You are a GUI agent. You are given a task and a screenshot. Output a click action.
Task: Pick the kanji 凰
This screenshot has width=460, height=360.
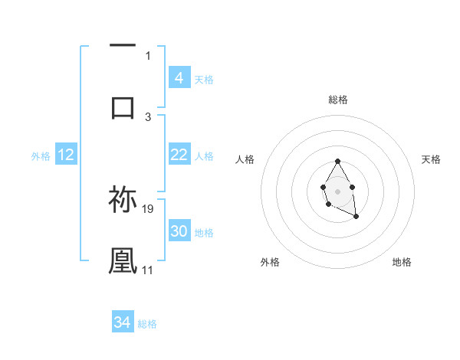coord(123,260)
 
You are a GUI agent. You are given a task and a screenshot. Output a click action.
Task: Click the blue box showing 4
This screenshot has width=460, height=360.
coord(179,78)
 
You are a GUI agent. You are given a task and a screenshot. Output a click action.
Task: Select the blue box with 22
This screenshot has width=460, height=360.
coord(179,155)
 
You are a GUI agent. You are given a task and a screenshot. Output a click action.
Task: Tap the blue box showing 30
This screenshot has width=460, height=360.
coord(179,232)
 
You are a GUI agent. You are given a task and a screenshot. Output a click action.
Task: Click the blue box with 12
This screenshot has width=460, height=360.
coord(66,155)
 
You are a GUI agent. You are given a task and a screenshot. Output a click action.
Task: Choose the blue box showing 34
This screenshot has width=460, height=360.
coord(122,322)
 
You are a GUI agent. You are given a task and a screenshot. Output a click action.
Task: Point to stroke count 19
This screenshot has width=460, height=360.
coord(149,208)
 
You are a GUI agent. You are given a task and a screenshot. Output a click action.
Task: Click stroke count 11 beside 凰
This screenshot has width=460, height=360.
coord(148,270)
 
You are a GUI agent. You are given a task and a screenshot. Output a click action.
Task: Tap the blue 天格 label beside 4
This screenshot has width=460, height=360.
coord(204,79)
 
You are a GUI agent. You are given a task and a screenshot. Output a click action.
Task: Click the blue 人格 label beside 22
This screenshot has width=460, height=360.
coord(204,156)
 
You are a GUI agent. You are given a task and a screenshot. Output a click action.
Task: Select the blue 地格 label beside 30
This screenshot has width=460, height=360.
coord(204,233)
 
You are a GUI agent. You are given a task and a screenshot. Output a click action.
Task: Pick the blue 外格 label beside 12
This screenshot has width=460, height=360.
coord(41,156)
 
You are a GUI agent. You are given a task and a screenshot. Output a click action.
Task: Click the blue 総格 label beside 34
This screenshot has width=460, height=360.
coord(147,324)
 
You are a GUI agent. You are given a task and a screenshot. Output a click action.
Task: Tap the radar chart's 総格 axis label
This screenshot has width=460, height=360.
coord(338,100)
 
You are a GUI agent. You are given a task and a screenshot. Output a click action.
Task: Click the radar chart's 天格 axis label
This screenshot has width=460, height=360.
coord(432,159)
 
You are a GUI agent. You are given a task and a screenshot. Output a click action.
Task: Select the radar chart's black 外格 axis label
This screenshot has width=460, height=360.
coord(270,262)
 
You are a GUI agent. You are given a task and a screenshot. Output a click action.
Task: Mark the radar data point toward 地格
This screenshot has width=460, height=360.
coord(356,217)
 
